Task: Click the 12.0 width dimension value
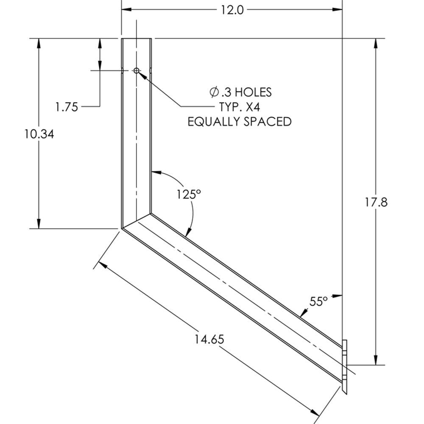coord(232,9)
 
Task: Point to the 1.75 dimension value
coord(67,107)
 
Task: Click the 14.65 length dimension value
coord(209,339)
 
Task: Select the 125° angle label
coord(189,194)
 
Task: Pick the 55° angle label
coord(318,301)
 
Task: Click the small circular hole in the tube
coord(137,70)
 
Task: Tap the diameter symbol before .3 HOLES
coord(215,92)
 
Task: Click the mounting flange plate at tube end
coord(345,367)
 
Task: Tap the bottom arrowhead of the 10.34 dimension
coord(39,224)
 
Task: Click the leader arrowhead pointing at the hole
coord(142,74)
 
